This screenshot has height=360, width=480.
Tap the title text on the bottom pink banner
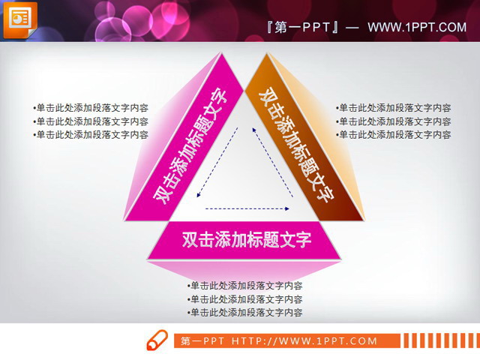click(247, 240)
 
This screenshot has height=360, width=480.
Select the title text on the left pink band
click(191, 145)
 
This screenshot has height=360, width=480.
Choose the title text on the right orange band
click(296, 145)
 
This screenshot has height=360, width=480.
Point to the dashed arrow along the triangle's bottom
click(247, 208)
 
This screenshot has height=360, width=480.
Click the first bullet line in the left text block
click(90, 107)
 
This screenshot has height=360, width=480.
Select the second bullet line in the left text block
click(90, 121)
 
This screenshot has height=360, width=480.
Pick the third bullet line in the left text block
click(90, 134)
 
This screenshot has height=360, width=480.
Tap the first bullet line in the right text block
click(394, 107)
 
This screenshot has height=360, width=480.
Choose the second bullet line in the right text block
click(394, 121)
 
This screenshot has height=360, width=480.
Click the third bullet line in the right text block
click(394, 134)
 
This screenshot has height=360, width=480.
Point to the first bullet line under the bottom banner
click(245, 285)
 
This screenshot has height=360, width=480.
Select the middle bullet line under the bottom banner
click(245, 298)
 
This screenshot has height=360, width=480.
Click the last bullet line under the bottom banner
click(245, 312)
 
